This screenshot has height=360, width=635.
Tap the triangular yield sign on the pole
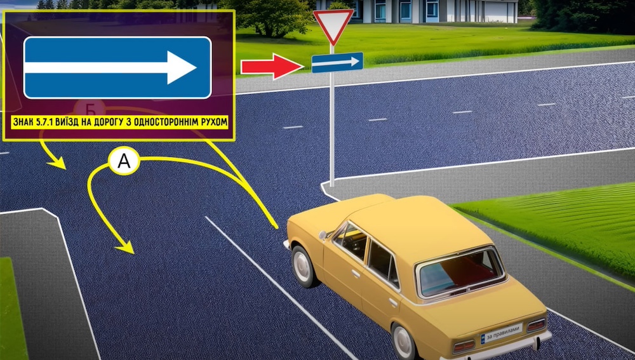[x=333, y=25]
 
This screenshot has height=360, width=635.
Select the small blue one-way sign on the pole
[x=337, y=62]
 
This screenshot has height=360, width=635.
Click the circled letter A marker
[x=124, y=162]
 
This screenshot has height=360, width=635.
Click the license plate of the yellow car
[x=501, y=333]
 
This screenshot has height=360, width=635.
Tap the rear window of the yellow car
[x=460, y=270]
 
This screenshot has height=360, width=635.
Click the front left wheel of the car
[x=302, y=265]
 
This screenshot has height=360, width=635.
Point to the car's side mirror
[x=323, y=235]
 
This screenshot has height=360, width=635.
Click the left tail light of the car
[x=464, y=345]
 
